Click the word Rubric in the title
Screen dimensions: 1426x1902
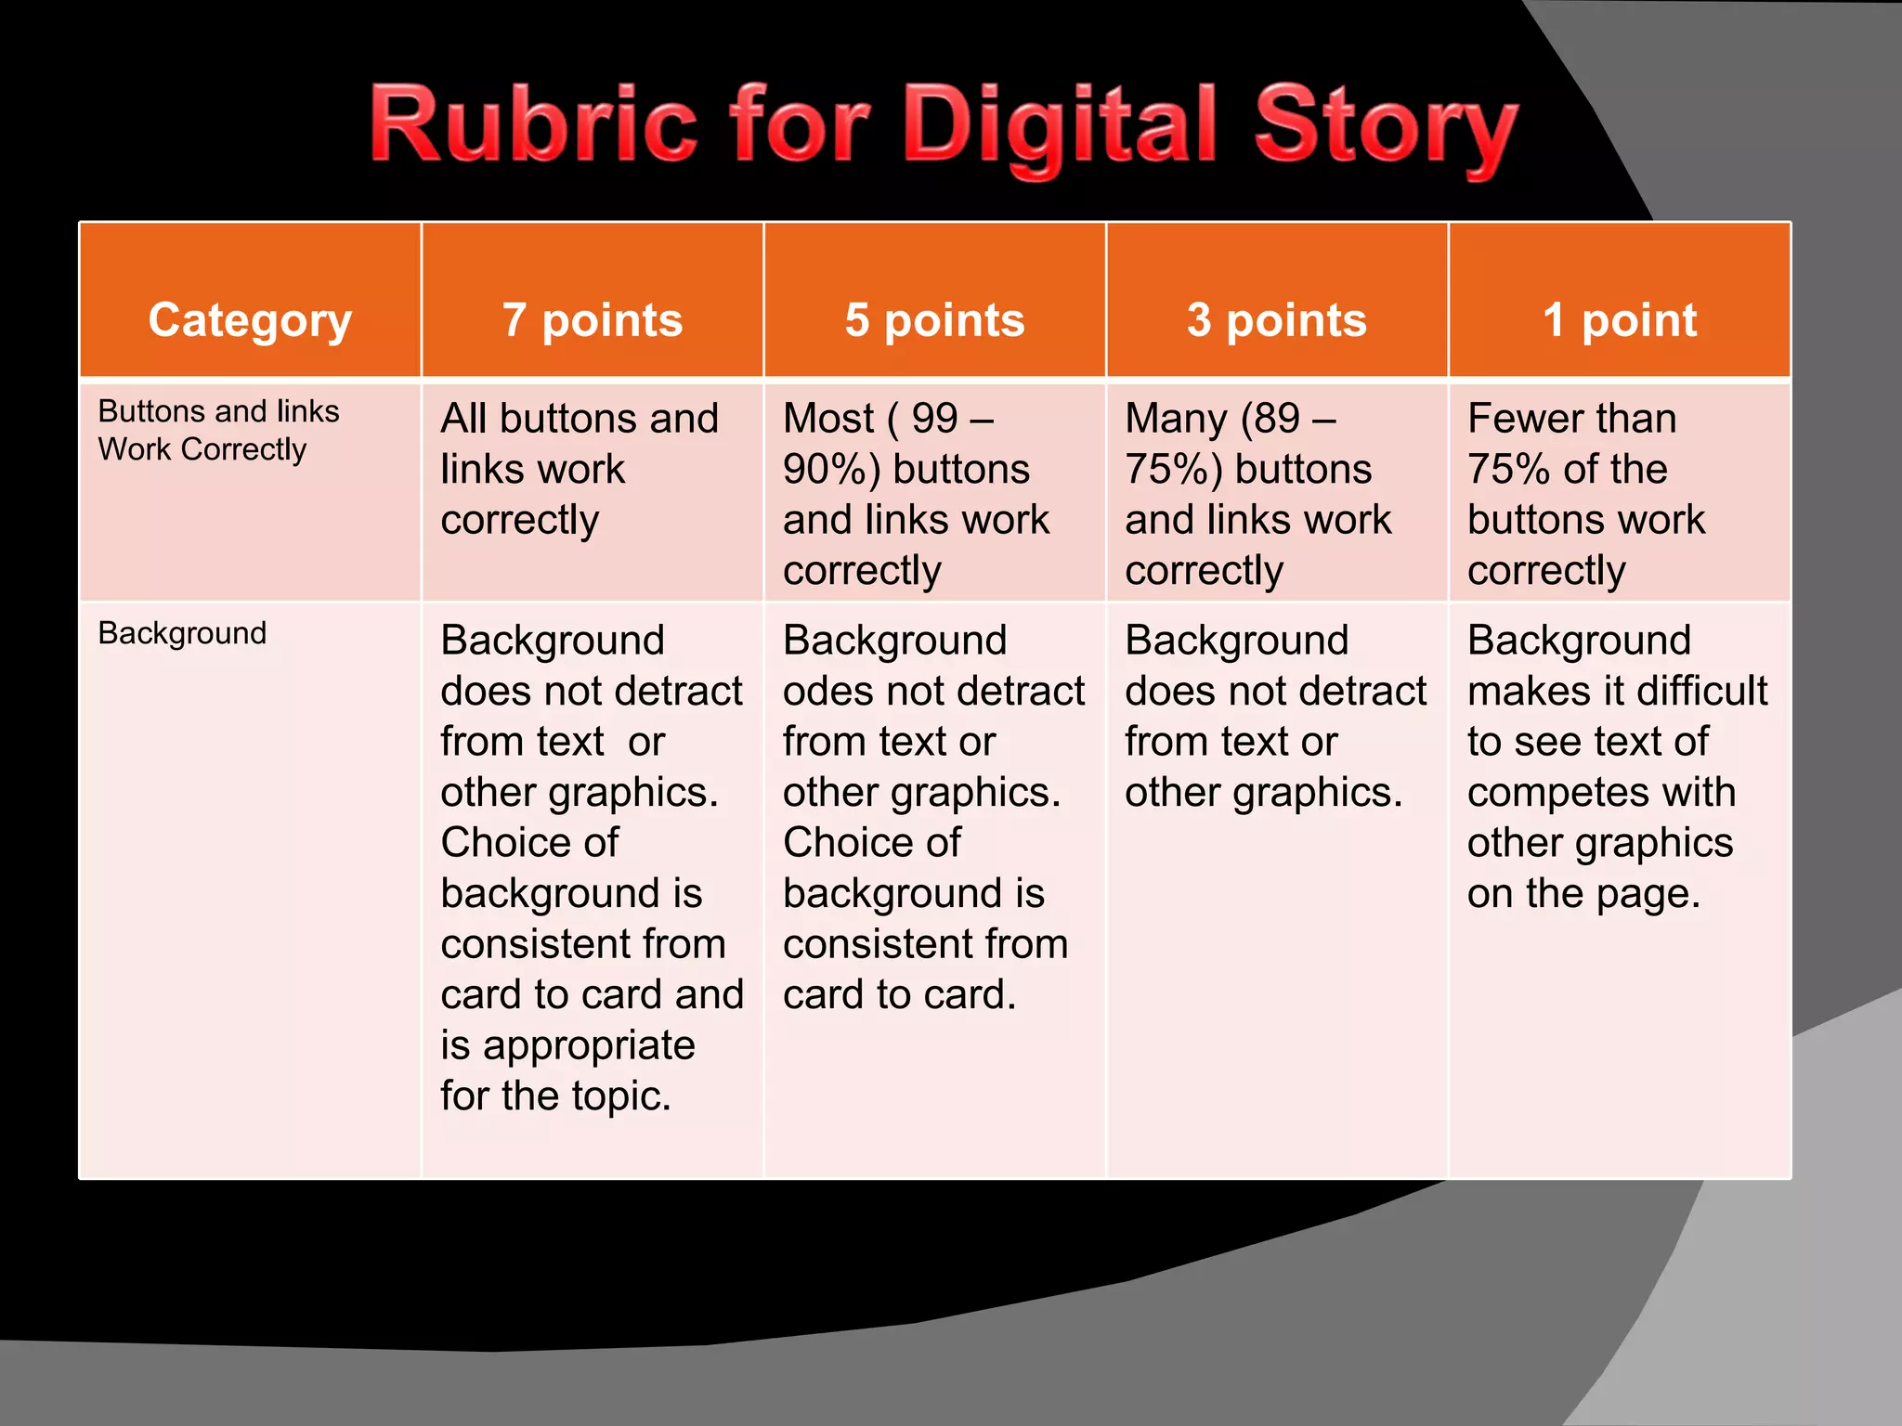click(533, 125)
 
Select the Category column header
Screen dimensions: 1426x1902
click(250, 320)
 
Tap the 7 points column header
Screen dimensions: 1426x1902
click(593, 320)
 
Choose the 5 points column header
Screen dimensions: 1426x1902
click(934, 320)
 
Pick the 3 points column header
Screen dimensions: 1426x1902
click(1277, 320)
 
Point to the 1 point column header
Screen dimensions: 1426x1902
click(1620, 320)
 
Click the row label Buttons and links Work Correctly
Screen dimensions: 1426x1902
click(218, 430)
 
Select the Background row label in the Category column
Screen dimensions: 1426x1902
click(182, 633)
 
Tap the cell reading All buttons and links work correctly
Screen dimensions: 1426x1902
click(580, 469)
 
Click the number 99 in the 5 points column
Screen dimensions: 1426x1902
click(934, 419)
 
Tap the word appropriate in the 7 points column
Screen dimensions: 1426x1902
click(589, 1046)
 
